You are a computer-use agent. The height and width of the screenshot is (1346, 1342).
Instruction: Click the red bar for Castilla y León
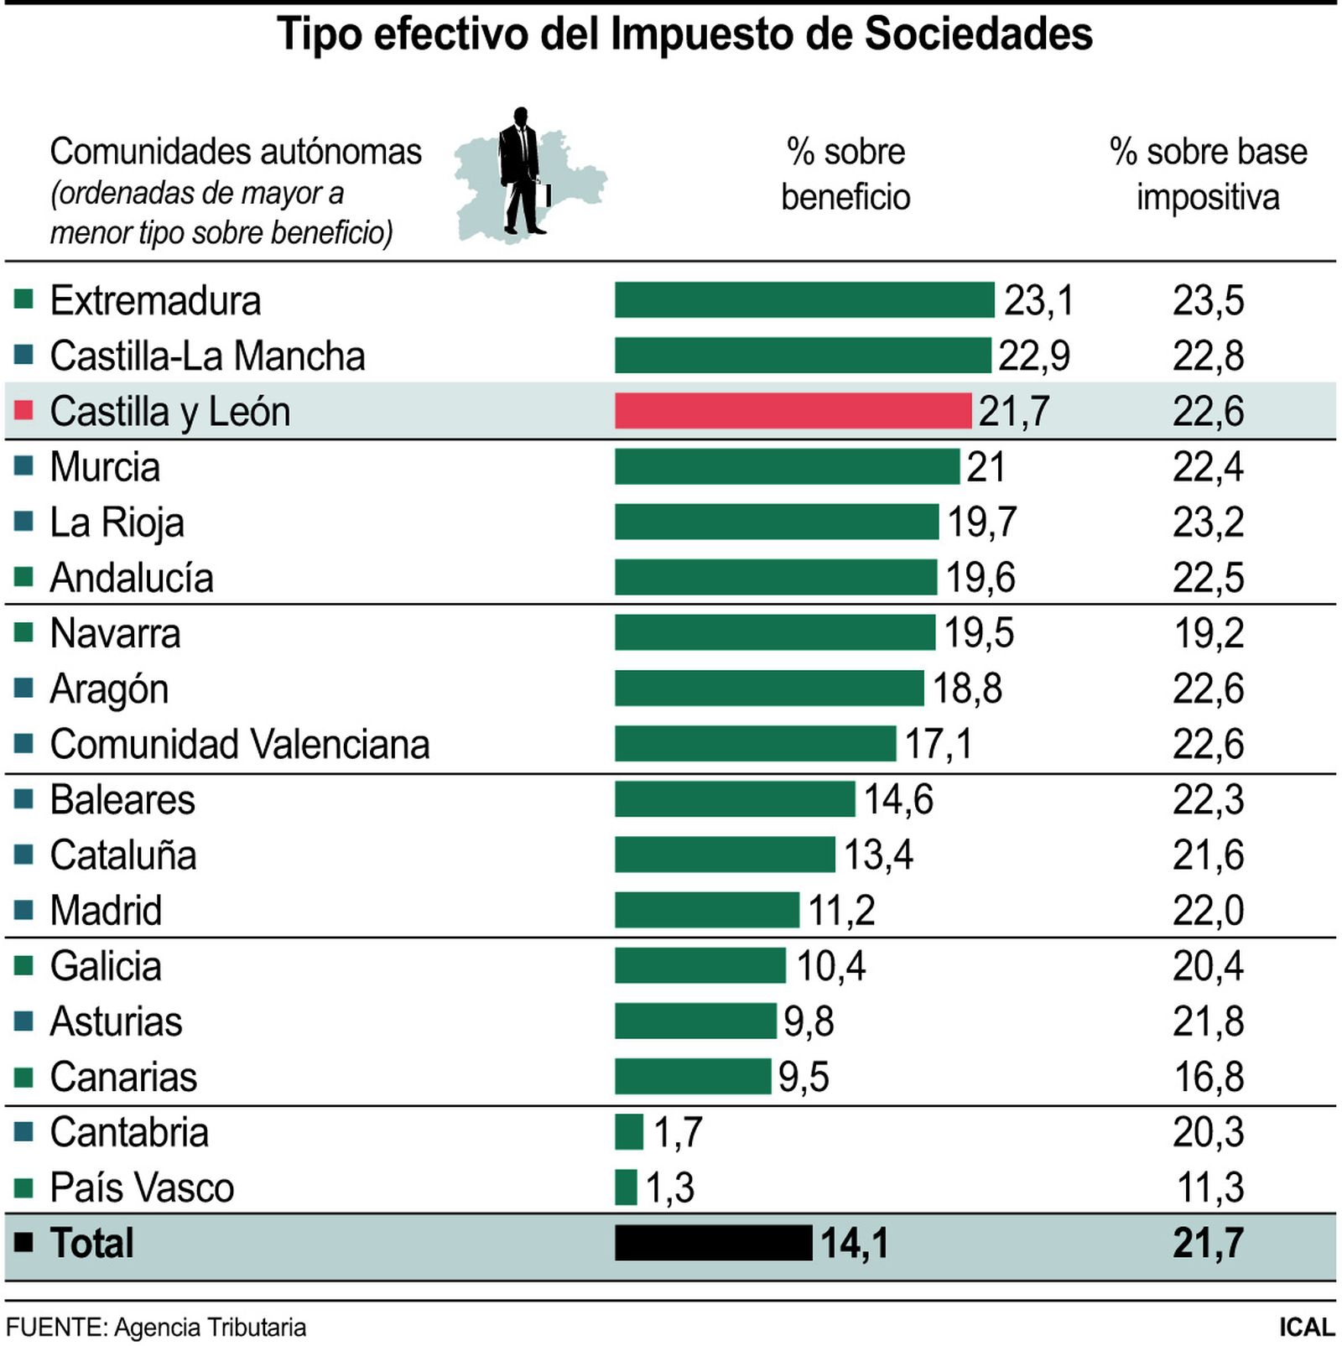tap(793, 411)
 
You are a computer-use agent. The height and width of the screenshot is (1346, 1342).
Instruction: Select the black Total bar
tap(713, 1242)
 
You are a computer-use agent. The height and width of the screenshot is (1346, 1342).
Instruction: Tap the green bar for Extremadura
tap(804, 300)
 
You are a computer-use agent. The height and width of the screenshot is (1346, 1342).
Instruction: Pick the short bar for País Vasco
tap(626, 1187)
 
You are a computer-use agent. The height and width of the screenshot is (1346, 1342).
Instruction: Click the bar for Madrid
tap(706, 910)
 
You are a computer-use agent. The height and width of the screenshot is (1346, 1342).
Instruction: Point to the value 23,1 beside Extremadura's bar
tap(1038, 300)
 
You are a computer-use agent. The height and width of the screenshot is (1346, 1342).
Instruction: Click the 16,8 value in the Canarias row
tap(1208, 1077)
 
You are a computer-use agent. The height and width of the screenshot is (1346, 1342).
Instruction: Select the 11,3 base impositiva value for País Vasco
tap(1209, 1187)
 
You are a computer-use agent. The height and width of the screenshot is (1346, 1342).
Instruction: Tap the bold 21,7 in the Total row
tap(1208, 1243)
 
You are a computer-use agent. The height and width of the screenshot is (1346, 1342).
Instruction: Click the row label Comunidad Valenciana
tap(239, 744)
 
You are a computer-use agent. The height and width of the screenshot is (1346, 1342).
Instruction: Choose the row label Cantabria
tap(129, 1132)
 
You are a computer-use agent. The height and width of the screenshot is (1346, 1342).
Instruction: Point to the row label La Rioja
tap(117, 522)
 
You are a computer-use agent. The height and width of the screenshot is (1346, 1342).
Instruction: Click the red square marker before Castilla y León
tap(23, 410)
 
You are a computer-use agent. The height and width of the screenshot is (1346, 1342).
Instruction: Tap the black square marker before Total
tap(23, 1242)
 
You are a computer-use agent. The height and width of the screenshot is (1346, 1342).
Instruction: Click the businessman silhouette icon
tap(521, 172)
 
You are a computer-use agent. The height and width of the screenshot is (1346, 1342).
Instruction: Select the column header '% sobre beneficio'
tap(845, 174)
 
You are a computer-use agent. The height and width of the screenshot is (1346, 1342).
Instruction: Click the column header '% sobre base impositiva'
tap(1208, 174)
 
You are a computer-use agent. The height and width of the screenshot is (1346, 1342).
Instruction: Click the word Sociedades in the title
tap(978, 35)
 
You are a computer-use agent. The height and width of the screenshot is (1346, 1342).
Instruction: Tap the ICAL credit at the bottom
tap(1306, 1328)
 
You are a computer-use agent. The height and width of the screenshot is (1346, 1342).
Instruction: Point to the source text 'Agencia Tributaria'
tap(210, 1328)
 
